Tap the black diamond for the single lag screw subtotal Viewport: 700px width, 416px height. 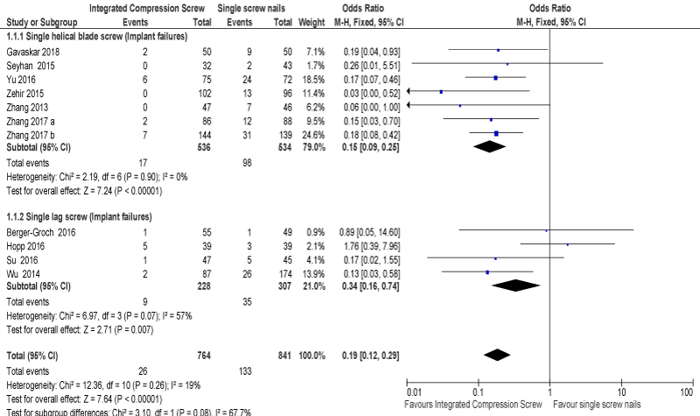pyautogui.click(x=517, y=285)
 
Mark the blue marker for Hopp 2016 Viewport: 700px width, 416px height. pyautogui.click(x=567, y=245)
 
